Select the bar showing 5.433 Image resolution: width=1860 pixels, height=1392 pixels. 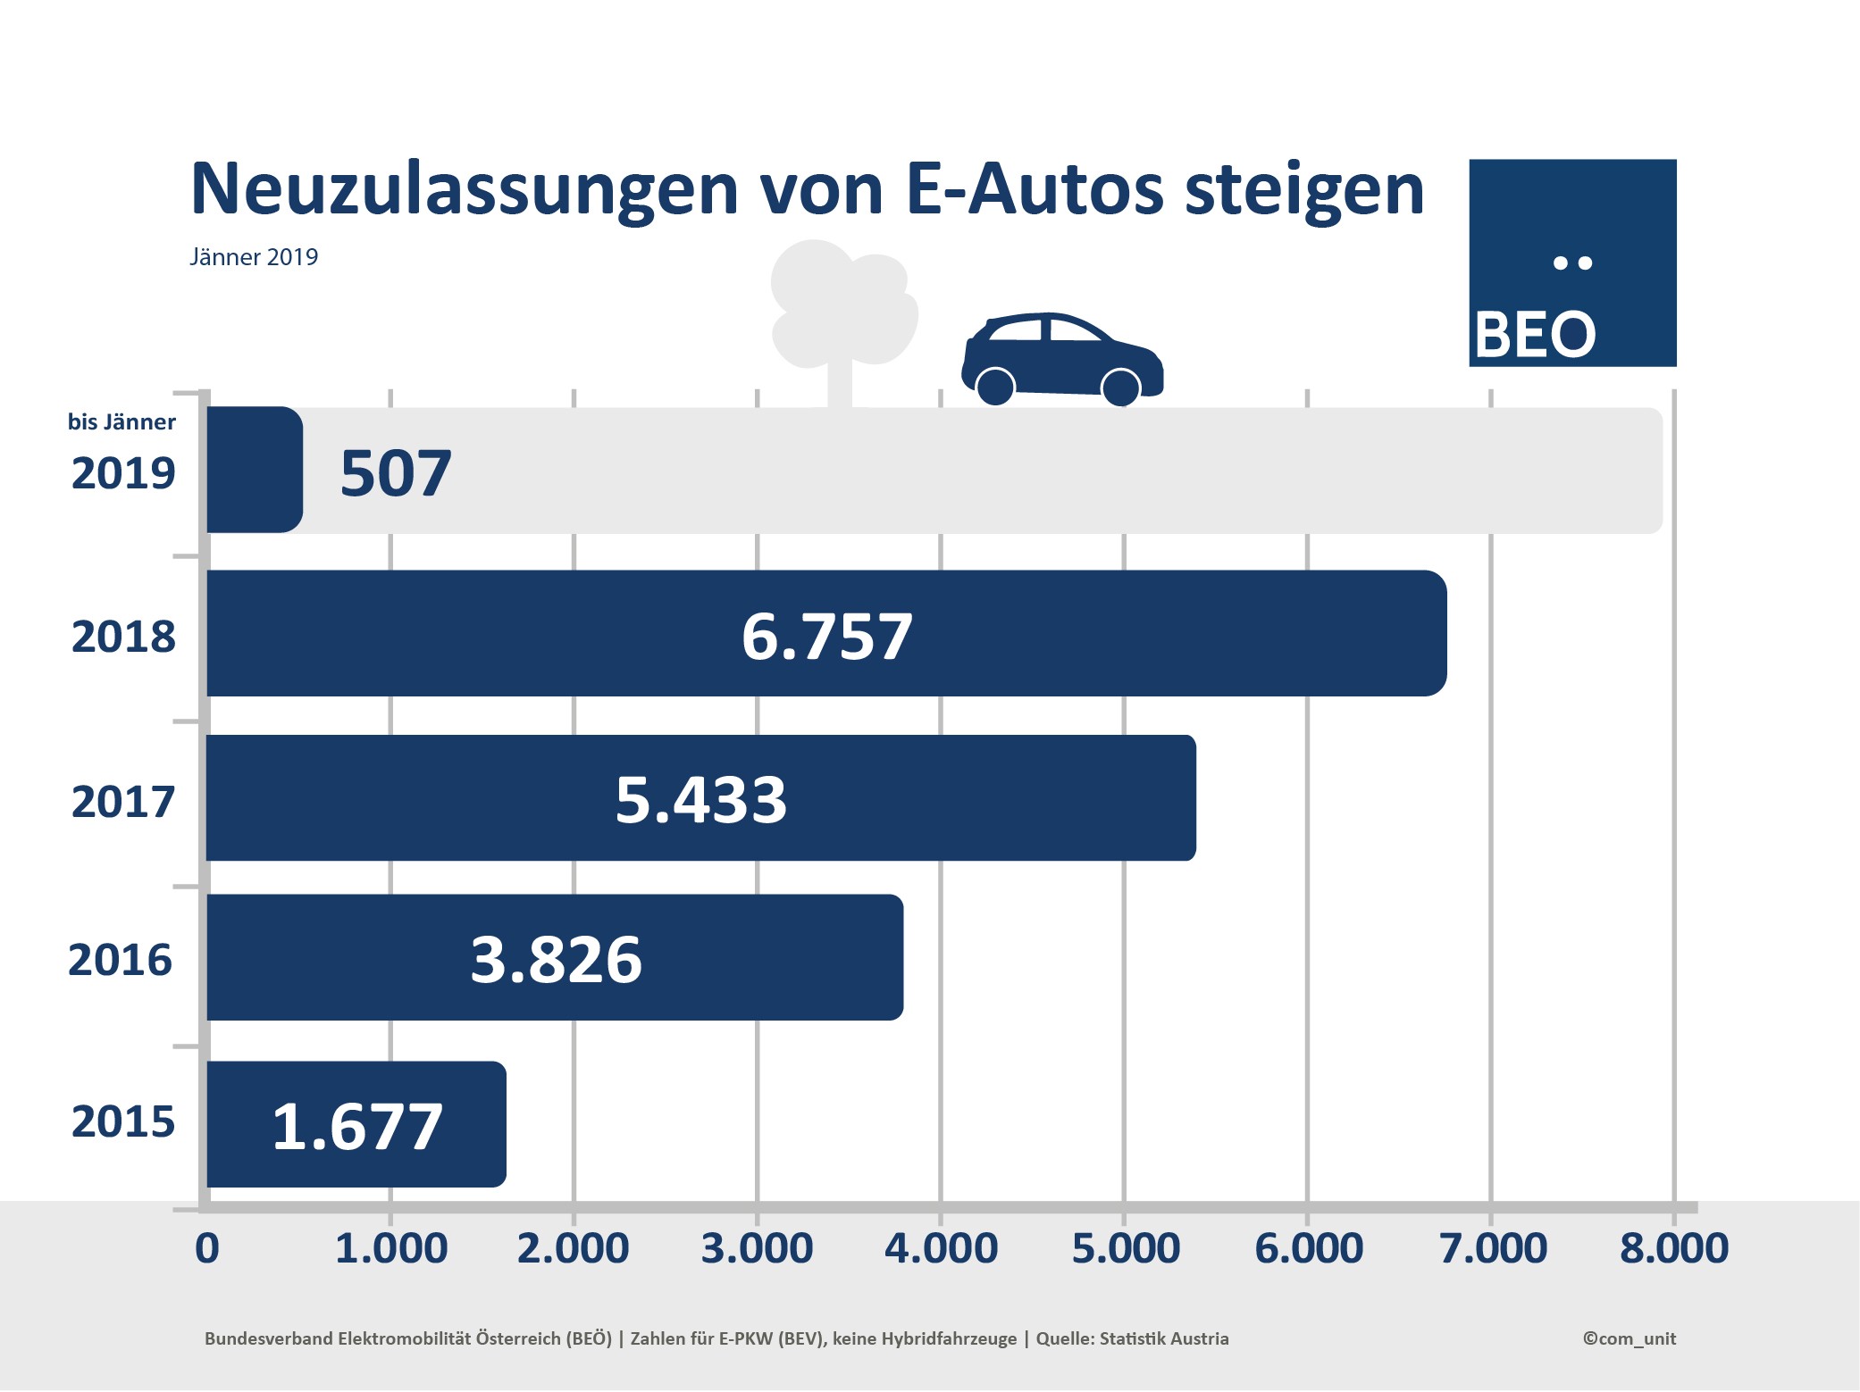coord(983,797)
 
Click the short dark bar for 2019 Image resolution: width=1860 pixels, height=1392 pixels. coord(254,470)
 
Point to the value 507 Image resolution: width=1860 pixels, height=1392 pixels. coord(396,472)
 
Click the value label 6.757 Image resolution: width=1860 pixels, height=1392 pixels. coord(826,637)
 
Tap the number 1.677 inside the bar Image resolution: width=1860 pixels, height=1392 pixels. coord(357,1126)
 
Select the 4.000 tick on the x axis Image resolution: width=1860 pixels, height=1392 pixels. coord(941,1247)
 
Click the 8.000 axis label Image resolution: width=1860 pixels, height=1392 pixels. coord(1674,1247)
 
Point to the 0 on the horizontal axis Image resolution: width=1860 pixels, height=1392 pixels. coord(206,1247)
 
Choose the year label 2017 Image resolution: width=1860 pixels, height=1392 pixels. coord(123,801)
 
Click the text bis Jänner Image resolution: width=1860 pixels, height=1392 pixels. coord(121,421)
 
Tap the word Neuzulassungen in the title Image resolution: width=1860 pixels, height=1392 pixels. coord(464,189)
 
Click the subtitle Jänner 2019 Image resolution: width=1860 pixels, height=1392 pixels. coord(254,257)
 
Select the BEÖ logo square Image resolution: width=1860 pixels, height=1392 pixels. coord(1572,263)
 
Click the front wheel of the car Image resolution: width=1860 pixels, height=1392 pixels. coord(1120,387)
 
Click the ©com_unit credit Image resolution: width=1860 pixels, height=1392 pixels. coord(1629,1338)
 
